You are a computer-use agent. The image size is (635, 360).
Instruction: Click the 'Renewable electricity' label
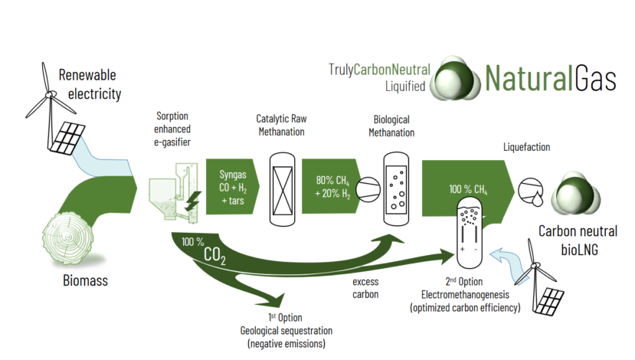pyautogui.click(x=89, y=85)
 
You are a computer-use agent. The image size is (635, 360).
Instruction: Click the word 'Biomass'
pyautogui.click(x=84, y=281)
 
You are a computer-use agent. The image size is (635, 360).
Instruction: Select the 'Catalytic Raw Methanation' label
pyautogui.click(x=281, y=126)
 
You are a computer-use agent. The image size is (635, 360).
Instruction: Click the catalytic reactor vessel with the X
pyautogui.click(x=281, y=188)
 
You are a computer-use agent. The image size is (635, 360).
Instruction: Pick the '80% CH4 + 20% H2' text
pyautogui.click(x=332, y=188)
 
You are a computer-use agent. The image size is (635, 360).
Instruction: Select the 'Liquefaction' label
pyautogui.click(x=526, y=146)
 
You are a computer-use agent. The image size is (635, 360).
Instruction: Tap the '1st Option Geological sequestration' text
pyautogui.click(x=289, y=330)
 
